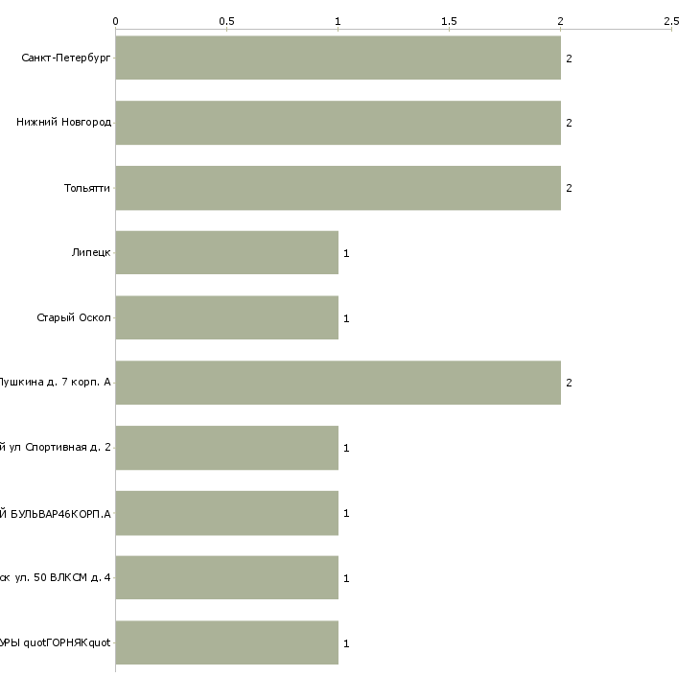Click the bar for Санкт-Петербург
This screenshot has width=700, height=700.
[338, 58]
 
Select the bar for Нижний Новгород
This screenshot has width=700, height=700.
[338, 123]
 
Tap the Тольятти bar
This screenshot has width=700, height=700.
[338, 188]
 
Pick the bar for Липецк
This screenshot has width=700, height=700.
[227, 252]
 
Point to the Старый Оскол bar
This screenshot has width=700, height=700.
[227, 317]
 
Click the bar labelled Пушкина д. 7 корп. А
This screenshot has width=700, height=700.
[338, 383]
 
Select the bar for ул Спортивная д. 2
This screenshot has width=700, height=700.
[227, 448]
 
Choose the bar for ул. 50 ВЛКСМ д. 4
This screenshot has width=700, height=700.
[227, 578]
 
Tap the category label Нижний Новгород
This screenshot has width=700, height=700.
[63, 123]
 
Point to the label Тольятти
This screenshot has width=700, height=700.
[87, 188]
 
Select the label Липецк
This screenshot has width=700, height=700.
[91, 253]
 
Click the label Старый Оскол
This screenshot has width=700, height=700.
[74, 318]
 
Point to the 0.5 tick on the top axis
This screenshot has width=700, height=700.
[226, 20]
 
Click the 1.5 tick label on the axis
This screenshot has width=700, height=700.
[449, 20]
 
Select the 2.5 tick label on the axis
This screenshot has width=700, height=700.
[671, 20]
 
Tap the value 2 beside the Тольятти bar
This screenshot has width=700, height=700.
[569, 188]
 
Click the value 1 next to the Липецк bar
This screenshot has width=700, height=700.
[346, 253]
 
